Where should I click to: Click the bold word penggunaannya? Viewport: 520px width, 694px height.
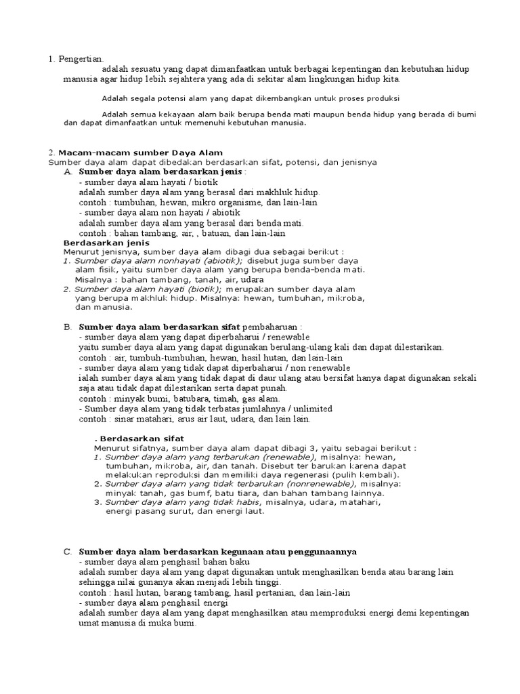click(322, 552)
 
